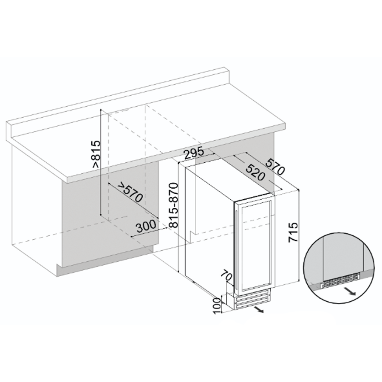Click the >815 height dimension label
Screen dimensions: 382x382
(x=96, y=154)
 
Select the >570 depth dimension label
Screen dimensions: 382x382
(x=130, y=192)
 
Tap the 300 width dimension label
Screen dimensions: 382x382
(x=146, y=226)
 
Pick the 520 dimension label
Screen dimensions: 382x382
(x=255, y=172)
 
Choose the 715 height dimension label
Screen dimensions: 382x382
(x=293, y=232)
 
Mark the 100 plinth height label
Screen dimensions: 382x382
(x=218, y=305)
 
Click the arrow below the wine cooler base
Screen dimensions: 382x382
(x=258, y=310)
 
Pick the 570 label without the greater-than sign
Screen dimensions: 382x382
(x=275, y=167)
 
